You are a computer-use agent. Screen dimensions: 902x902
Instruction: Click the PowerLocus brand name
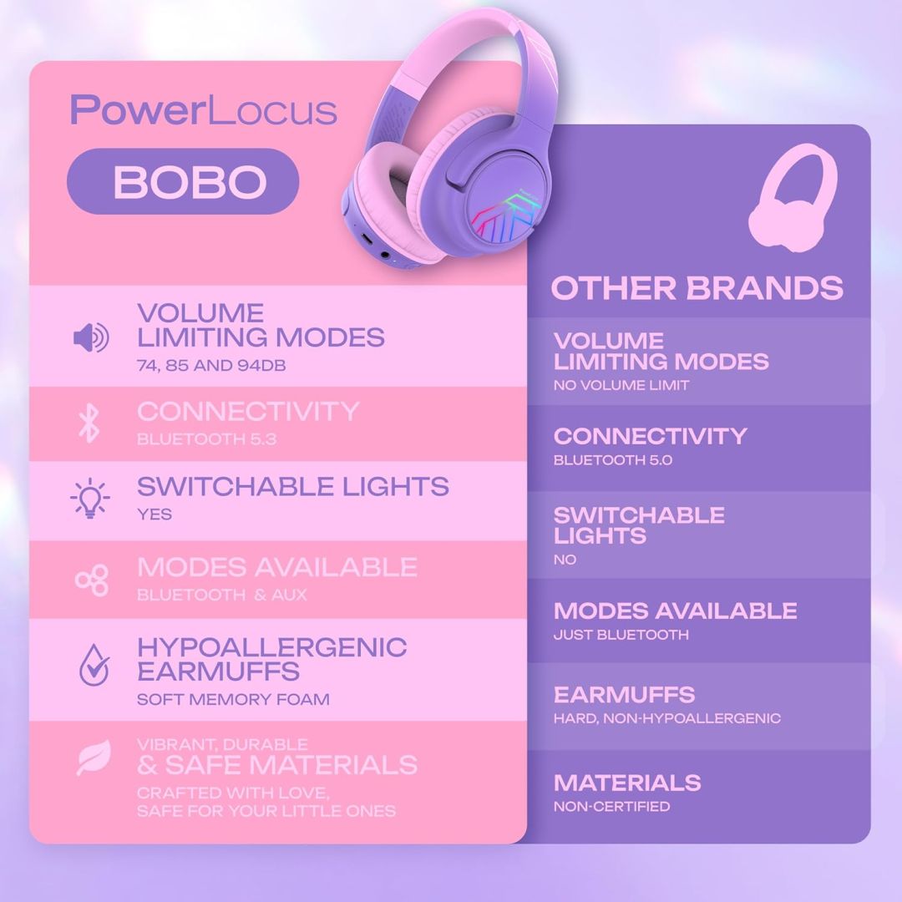click(x=203, y=110)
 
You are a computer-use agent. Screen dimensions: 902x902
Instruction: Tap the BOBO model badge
click(x=183, y=181)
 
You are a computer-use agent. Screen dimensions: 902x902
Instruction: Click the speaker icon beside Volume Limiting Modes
click(x=90, y=338)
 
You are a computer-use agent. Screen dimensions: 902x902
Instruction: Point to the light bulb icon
click(x=89, y=499)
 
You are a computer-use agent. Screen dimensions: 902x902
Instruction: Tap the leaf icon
click(x=93, y=758)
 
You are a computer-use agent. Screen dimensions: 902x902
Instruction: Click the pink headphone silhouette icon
click(x=792, y=205)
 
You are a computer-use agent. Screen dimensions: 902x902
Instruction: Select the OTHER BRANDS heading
click(x=697, y=288)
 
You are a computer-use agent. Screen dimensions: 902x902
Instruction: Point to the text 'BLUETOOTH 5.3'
click(x=206, y=439)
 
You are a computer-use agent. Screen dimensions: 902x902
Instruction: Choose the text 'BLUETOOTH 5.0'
click(x=612, y=460)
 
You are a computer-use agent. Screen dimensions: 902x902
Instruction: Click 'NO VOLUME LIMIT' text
click(x=621, y=386)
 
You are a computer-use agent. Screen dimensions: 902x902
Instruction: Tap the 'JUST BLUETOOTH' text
click(x=621, y=635)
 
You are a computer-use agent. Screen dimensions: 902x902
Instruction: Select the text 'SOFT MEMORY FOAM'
click(x=233, y=699)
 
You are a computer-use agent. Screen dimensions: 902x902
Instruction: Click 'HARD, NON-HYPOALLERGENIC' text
click(x=666, y=718)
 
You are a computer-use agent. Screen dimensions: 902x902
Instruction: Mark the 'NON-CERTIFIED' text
click(x=611, y=807)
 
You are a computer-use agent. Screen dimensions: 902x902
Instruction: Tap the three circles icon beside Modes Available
click(x=91, y=580)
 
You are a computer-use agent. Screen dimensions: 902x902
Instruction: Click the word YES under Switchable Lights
click(x=155, y=514)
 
